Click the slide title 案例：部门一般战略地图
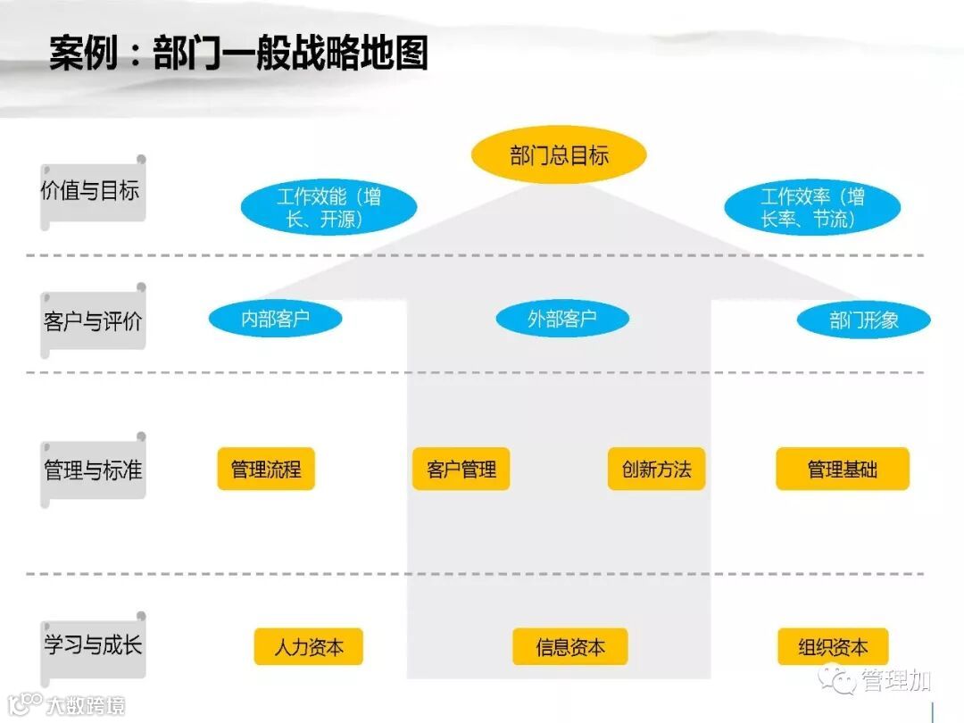[x=238, y=54]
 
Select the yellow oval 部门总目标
[x=559, y=156]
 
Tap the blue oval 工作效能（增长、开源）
[x=328, y=208]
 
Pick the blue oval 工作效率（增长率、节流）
[x=812, y=208]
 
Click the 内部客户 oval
[x=275, y=319]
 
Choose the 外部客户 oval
[x=561, y=319]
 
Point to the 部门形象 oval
[x=863, y=320]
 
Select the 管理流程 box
[x=266, y=469]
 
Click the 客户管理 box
[x=461, y=469]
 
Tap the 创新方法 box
[x=657, y=469]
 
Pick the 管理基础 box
[x=842, y=469]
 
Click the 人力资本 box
[x=308, y=647]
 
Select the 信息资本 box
[x=569, y=647]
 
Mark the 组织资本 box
[x=833, y=647]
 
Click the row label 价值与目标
[x=91, y=191]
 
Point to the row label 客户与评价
[x=92, y=321]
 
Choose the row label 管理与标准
[x=92, y=470]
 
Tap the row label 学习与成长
[x=92, y=645]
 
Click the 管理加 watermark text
[x=896, y=681]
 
